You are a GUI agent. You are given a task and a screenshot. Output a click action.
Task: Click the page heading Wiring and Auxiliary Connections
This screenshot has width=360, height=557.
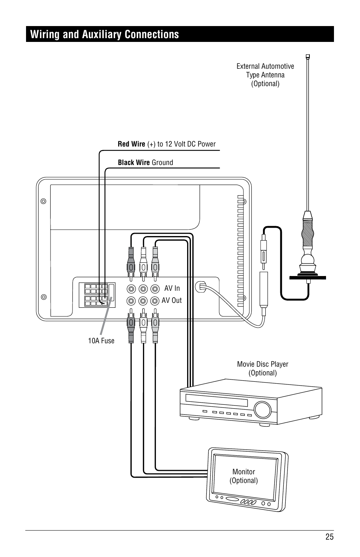(105, 34)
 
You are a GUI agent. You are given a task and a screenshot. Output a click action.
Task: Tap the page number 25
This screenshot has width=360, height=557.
(329, 537)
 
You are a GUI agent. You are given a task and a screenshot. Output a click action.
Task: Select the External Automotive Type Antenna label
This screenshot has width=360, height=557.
(265, 75)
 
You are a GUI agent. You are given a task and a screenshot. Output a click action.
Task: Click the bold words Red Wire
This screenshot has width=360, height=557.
(131, 144)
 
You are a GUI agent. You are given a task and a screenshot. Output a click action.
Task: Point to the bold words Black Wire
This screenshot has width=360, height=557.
(134, 162)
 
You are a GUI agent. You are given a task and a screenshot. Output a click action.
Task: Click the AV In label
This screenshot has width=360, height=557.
(172, 288)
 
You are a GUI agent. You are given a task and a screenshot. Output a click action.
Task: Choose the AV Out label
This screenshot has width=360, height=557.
(172, 300)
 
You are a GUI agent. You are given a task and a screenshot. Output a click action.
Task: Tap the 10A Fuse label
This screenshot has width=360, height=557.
(101, 341)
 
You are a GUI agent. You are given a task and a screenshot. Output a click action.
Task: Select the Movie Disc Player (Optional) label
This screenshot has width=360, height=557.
(263, 368)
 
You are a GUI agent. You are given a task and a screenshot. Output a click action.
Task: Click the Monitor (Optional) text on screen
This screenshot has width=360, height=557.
(244, 476)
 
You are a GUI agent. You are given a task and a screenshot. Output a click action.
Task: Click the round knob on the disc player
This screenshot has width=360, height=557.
(263, 409)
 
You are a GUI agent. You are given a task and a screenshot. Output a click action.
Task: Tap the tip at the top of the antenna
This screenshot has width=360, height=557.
(308, 57)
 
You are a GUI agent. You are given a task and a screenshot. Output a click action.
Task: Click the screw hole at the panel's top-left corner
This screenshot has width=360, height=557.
(43, 201)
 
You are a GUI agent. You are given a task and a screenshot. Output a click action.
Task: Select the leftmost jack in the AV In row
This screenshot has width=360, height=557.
(131, 289)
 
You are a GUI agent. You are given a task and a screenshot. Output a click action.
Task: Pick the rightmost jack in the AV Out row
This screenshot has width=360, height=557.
(155, 301)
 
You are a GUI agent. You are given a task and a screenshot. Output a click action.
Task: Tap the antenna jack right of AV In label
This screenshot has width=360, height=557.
(200, 287)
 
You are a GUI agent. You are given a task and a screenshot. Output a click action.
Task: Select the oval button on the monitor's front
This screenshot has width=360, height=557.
(234, 499)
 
